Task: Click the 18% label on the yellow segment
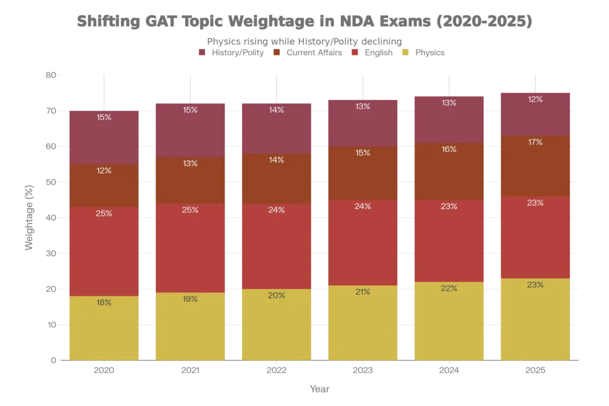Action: coord(103,303)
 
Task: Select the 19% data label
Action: coord(190,299)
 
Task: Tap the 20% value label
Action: coord(277,295)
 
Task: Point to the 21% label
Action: coord(363,292)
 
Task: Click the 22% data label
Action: coord(449,288)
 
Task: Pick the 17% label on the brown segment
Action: coord(535,142)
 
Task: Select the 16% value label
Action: coord(449,149)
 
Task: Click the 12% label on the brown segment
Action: coord(103,171)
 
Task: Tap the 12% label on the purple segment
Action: coord(535,99)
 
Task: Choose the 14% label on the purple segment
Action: coord(277,110)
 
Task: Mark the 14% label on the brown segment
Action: coord(277,160)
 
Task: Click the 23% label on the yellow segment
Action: coord(535,285)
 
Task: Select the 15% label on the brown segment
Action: coord(363,153)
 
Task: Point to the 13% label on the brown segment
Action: coord(190,163)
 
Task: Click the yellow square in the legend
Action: coord(405,52)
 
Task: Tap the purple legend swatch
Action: coord(202,52)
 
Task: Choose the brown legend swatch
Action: coord(277,52)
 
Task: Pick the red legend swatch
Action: coord(356,52)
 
